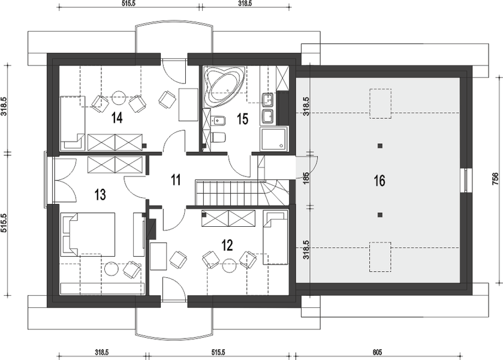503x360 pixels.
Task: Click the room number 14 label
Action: pos(117,118)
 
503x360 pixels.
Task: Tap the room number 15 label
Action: pos(243,119)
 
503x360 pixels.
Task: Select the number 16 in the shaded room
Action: pos(379,181)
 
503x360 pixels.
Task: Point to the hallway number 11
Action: pos(176,180)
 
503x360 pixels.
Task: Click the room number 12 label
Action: pos(227,245)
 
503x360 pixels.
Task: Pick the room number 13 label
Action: pos(100,194)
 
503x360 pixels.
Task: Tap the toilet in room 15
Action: pos(218,137)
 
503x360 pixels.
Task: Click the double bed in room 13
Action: pos(88,234)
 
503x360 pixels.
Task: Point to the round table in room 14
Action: pos(118,97)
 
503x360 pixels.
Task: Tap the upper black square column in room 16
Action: pos(380,146)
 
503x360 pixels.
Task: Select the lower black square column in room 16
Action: pos(380,215)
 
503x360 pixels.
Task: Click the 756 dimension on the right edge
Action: pos(495,179)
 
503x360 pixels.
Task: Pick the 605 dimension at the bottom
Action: pos(377,352)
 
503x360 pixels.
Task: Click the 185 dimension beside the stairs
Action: pos(306,179)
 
